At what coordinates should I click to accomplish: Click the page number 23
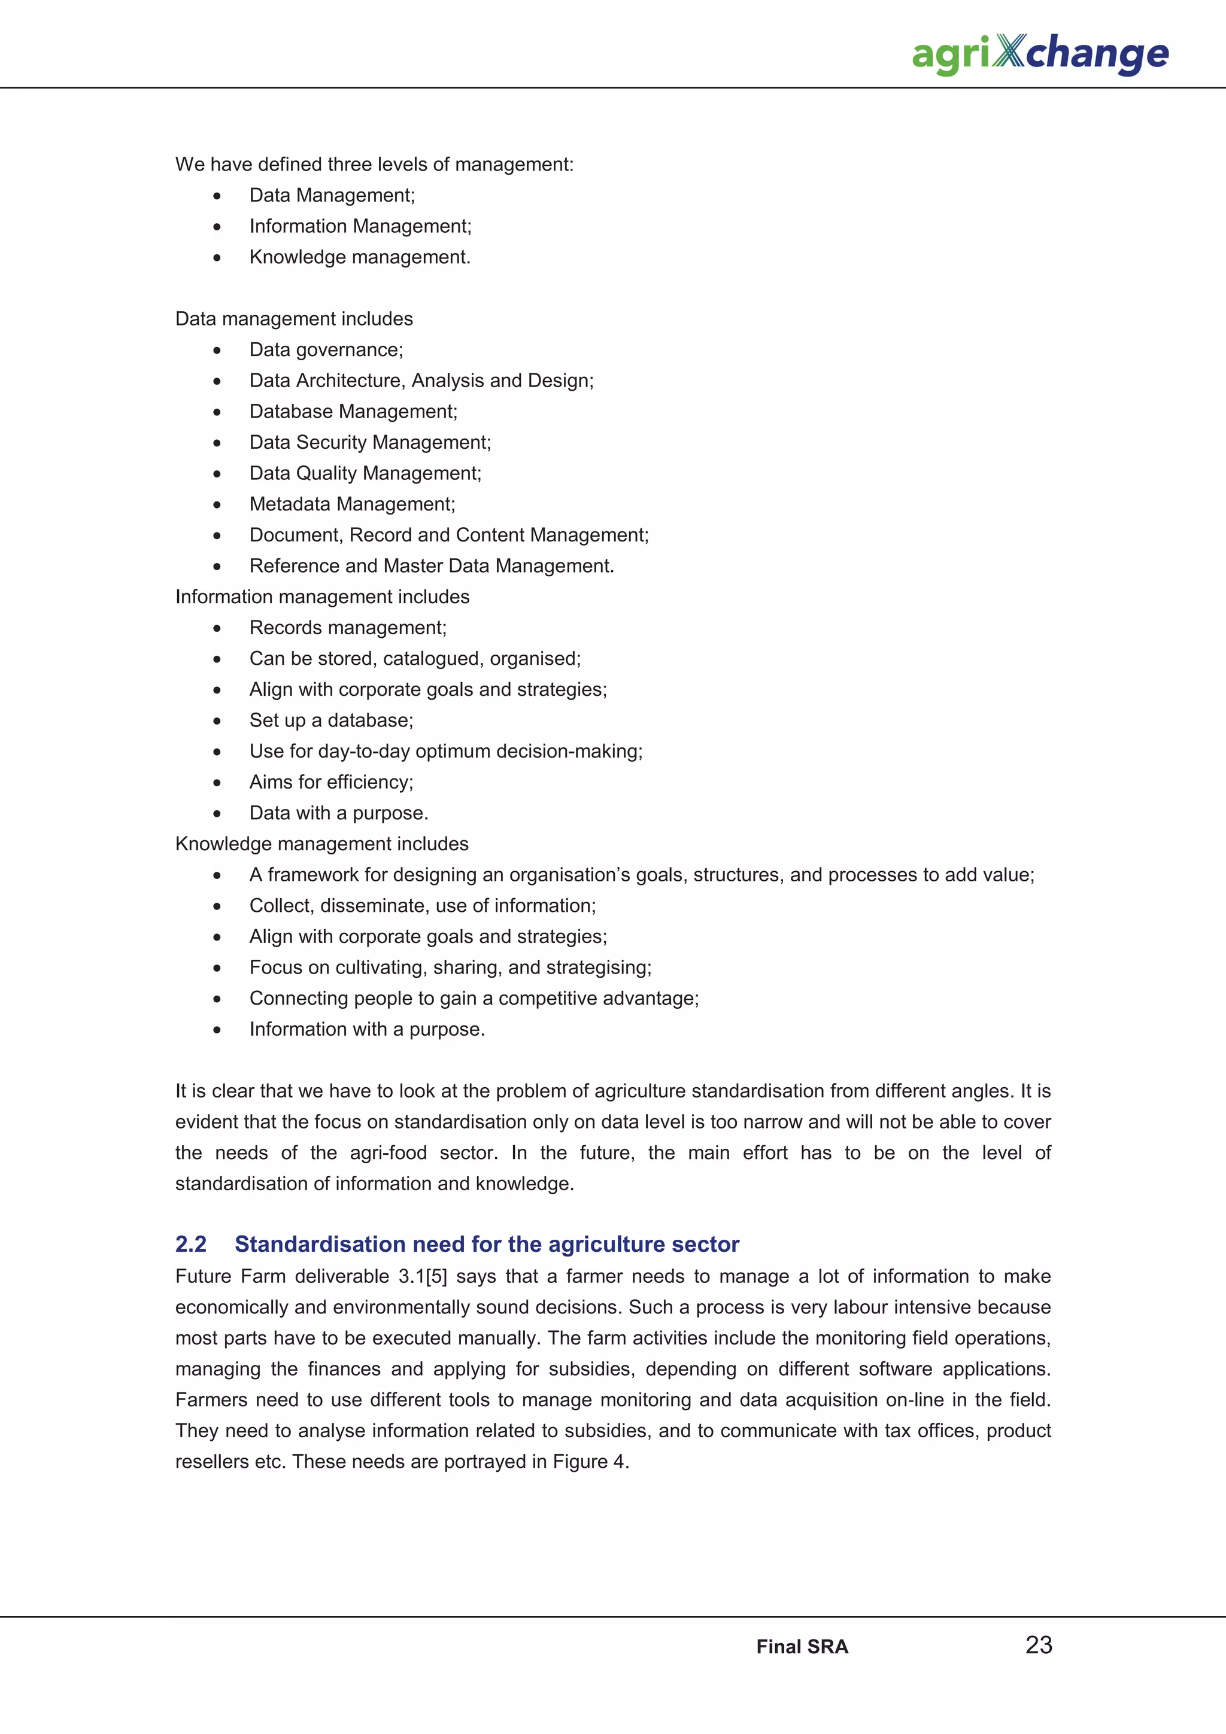1038,1644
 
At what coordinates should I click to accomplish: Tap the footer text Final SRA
802,1647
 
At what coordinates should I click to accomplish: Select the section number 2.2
190,1244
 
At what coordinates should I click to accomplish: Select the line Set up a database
331,720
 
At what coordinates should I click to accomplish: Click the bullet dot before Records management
217,628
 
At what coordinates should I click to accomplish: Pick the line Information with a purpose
366,1029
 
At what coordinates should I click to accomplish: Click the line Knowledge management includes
322,844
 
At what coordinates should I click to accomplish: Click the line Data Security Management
369,443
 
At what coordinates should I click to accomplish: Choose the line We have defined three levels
374,165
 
